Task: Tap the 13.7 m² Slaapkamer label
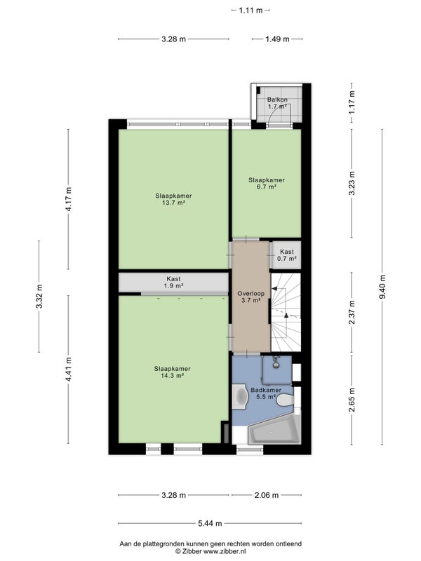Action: coord(173,199)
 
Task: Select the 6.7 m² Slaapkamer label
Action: coord(267,184)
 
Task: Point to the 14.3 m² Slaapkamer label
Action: coord(173,372)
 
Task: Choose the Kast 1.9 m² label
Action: coord(173,283)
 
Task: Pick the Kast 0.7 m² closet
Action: coord(286,255)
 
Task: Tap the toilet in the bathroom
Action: coord(285,400)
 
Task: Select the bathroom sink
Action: coord(240,397)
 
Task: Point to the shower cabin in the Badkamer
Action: coord(276,370)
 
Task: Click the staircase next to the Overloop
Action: coord(286,312)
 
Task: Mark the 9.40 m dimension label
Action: coord(382,288)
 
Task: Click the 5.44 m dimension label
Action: coord(210,523)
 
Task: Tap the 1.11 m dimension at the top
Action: coord(250,11)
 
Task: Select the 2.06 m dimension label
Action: coord(267,495)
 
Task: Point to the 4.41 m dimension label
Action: coord(68,370)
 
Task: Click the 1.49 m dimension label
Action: coord(277,39)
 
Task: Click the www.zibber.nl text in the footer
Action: coord(224,551)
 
